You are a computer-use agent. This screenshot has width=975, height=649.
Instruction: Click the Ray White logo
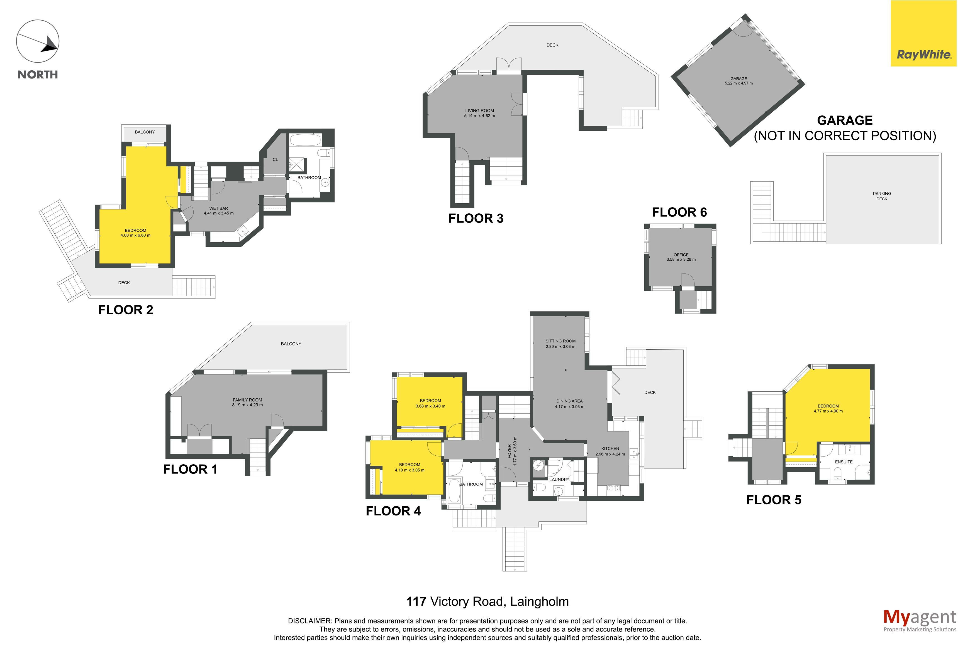pos(923,33)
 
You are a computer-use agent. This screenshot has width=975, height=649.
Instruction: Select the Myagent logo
pos(920,620)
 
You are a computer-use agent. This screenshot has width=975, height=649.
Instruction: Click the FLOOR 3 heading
pos(476,218)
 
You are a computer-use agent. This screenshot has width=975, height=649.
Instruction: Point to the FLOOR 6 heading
pos(679,212)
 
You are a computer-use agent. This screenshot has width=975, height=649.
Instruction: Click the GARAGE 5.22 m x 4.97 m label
pos(739,81)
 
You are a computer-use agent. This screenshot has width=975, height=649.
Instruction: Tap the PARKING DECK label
pos(882,196)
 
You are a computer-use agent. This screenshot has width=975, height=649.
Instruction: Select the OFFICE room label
pos(681,255)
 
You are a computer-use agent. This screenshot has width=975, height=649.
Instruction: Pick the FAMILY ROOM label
pos(247,400)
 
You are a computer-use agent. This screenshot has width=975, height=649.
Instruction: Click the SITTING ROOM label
pos(560,341)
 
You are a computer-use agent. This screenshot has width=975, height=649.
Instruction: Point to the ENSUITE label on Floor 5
pos(844,462)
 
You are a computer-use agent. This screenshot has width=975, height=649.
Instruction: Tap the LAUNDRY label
pos(559,479)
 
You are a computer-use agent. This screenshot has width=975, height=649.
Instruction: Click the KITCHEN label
pos(610,448)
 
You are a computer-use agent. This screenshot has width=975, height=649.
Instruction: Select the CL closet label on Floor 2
pos(275,159)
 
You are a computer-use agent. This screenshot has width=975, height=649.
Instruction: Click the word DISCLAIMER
pos(309,621)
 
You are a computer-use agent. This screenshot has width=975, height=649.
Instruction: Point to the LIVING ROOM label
pos(479,110)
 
